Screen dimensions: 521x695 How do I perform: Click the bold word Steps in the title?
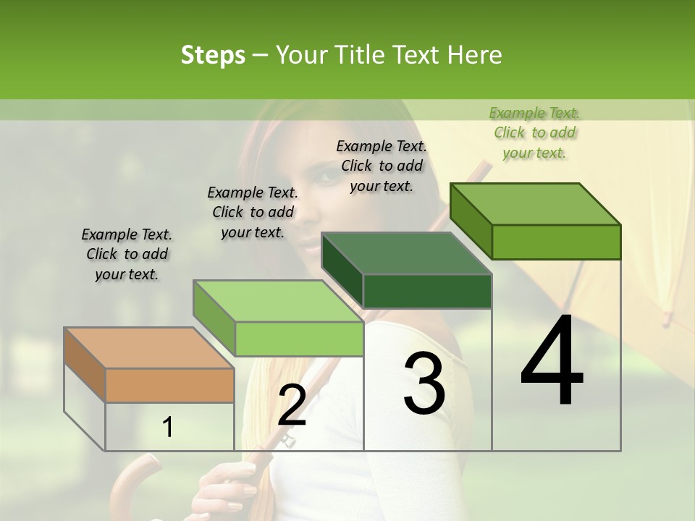213,55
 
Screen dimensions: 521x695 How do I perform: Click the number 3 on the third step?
424,384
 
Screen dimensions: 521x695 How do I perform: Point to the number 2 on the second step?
292,405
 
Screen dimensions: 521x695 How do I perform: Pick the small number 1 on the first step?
167,428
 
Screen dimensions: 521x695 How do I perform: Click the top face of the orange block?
148,348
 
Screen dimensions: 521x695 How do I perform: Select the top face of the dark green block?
406,253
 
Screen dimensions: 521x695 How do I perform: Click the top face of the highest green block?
536,204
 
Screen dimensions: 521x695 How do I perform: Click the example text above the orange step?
127,254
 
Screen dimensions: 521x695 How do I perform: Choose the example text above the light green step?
253,212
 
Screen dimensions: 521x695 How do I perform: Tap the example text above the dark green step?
382,166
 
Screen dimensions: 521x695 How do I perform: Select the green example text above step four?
534,132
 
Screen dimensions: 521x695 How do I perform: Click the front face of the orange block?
169,385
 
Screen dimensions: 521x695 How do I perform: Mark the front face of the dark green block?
427,291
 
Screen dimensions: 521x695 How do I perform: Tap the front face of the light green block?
299,339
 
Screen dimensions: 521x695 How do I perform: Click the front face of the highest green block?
556,242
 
